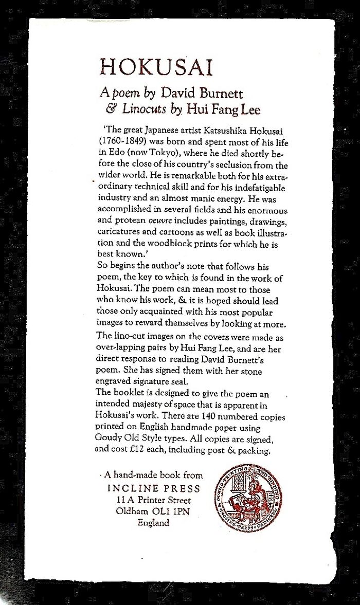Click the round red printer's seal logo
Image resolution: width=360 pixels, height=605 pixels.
pyautogui.click(x=249, y=498)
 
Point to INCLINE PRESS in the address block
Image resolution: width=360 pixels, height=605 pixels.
pyautogui.click(x=154, y=488)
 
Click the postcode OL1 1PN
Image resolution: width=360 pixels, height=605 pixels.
pyautogui.click(x=172, y=511)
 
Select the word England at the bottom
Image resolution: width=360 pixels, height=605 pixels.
pyautogui.click(x=153, y=523)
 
